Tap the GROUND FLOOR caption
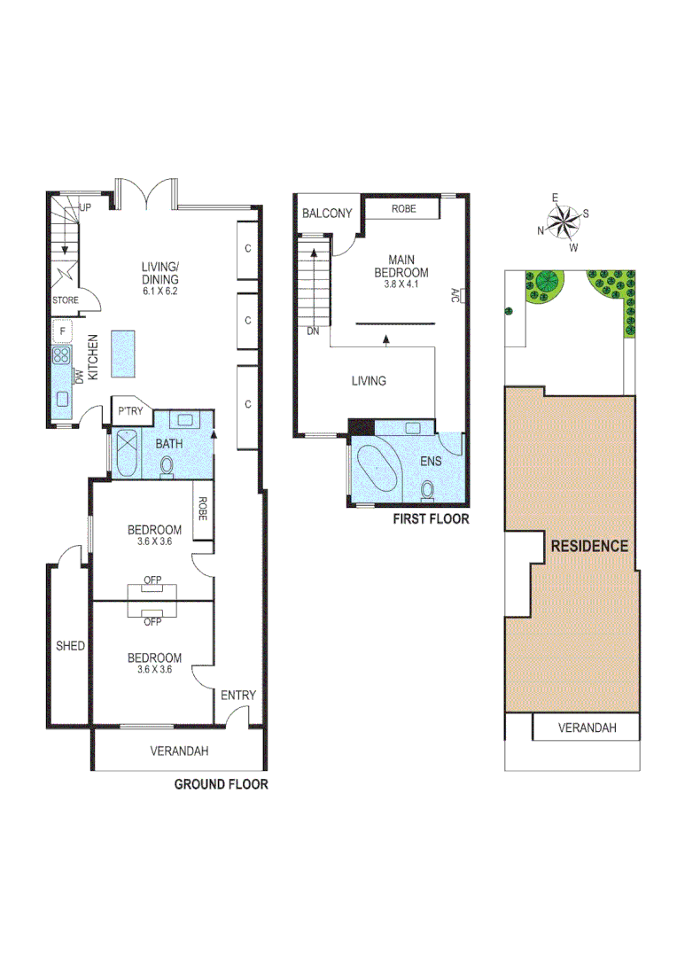[221, 784]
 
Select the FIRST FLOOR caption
[431, 519]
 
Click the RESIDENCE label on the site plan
[589, 546]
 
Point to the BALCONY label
[327, 214]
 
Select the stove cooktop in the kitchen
[61, 356]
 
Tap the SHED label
[70, 646]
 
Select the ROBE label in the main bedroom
[403, 209]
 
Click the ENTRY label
[238, 696]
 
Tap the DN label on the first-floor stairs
[312, 331]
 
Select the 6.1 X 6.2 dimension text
[161, 291]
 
